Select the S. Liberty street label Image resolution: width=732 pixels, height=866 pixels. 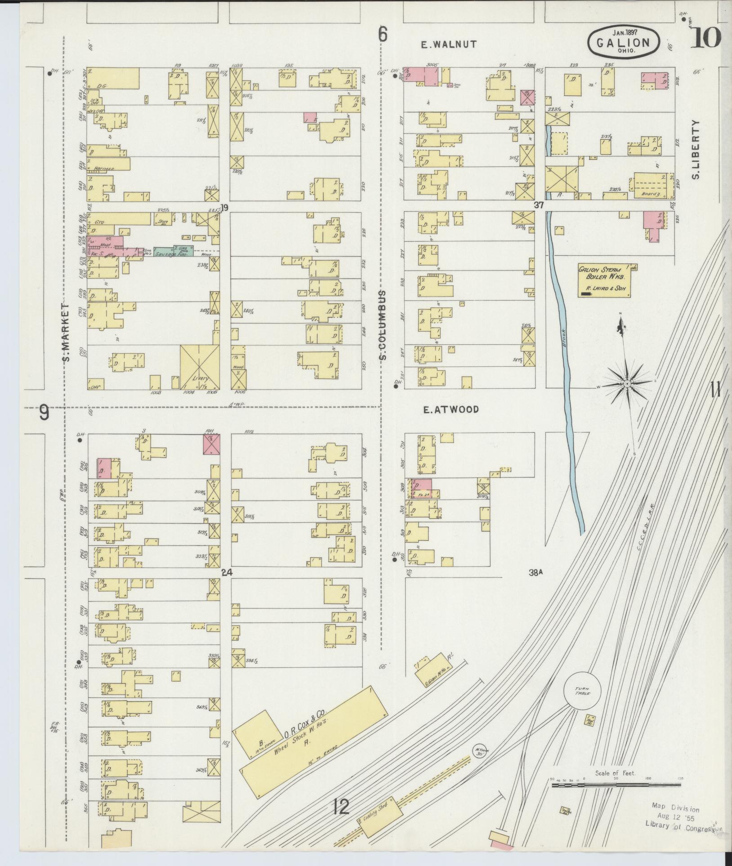click(x=696, y=150)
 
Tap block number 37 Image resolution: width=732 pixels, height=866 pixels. click(x=539, y=205)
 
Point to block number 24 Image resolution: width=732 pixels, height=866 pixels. click(x=226, y=573)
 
